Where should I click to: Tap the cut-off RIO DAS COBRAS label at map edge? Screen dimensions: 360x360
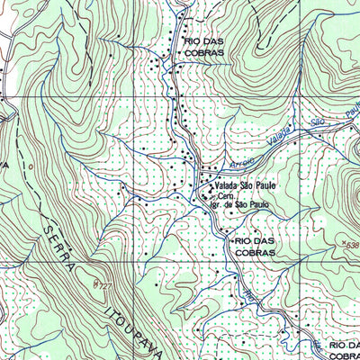coord(344,351)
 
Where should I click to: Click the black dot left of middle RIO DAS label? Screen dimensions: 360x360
coord(230,241)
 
